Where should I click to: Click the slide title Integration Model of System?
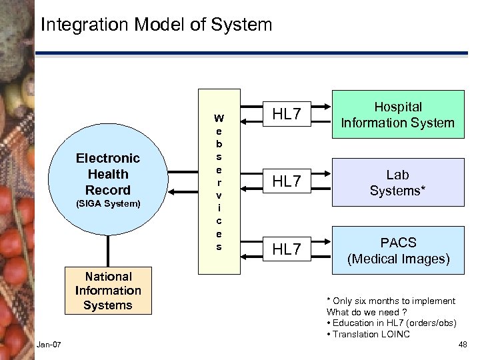pos(156,25)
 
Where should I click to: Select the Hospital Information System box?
pos(397,115)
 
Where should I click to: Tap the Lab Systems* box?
pos(397,182)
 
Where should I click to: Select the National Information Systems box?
pos(108,291)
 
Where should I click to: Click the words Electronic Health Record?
pos(108,174)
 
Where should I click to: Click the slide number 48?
pos(463,344)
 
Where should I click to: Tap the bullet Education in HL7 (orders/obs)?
pos(391,323)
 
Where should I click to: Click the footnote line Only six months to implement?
pos(391,301)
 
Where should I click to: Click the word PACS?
pos(397,243)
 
